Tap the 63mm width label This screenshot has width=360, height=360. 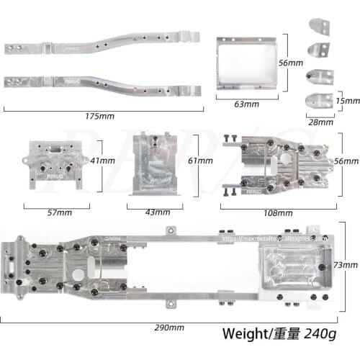click(246, 104)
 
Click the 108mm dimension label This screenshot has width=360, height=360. click(279, 213)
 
